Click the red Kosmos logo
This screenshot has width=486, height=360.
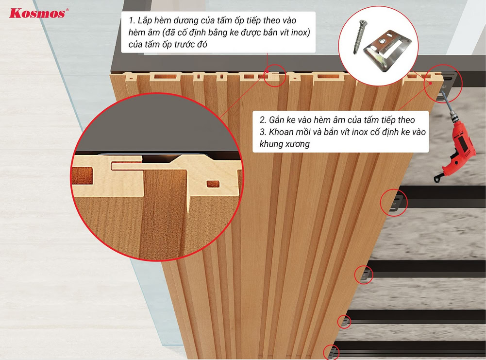tap(37, 13)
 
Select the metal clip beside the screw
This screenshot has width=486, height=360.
tap(387, 50)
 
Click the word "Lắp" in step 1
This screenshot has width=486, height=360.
tap(144, 20)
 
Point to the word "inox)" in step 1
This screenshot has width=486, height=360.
tap(300, 32)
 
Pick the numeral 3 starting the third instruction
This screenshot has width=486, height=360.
tap(263, 132)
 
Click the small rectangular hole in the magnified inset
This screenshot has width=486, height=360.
tap(213, 184)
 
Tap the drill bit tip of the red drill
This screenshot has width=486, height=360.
tap(442, 92)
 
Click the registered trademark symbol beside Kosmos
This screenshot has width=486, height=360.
tap(67, 10)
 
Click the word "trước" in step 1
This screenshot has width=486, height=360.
tap(185, 44)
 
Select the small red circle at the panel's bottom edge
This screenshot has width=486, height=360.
tap(331, 353)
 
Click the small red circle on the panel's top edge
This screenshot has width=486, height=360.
tap(275, 75)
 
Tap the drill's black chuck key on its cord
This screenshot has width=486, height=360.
tap(438, 179)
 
